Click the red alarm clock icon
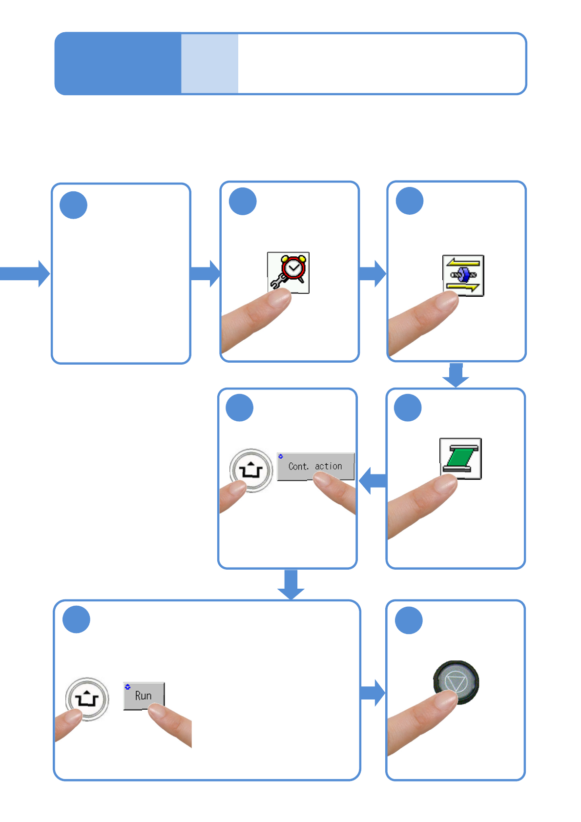(288, 272)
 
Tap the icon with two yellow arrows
(463, 275)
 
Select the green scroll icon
(460, 458)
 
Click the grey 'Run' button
(144, 696)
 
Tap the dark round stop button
(456, 682)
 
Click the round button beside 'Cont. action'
(251, 470)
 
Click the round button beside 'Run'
(87, 699)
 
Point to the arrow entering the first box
(24, 274)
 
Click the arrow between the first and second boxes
(205, 274)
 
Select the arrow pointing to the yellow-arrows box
(373, 274)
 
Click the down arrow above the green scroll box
(456, 375)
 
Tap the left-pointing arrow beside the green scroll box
(373, 481)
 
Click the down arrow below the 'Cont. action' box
(290, 585)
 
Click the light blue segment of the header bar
(209, 63)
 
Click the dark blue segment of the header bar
(118, 63)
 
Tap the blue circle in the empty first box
(73, 205)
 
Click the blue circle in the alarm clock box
(243, 201)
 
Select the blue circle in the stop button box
(409, 620)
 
